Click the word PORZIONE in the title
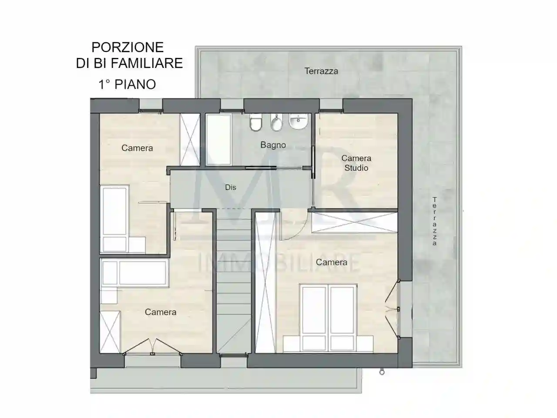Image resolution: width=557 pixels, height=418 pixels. tap(128, 47)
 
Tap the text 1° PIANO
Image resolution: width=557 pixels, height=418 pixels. tap(127, 84)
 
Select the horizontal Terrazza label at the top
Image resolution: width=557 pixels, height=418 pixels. tap(321, 71)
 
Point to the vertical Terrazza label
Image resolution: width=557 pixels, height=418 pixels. tap(434, 221)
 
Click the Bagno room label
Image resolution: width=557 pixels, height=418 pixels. tap(273, 145)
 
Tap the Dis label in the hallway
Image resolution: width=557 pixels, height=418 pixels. tap(230, 187)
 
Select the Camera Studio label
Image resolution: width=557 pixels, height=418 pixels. tap(356, 163)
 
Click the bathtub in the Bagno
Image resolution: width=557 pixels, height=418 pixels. tap(218, 139)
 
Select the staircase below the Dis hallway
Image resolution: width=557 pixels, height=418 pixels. tap(234, 279)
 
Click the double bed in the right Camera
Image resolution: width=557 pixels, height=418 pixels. tap(328, 316)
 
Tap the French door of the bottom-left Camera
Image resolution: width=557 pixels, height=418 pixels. tap(152, 348)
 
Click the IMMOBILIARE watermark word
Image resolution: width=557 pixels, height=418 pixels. tap(278, 263)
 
